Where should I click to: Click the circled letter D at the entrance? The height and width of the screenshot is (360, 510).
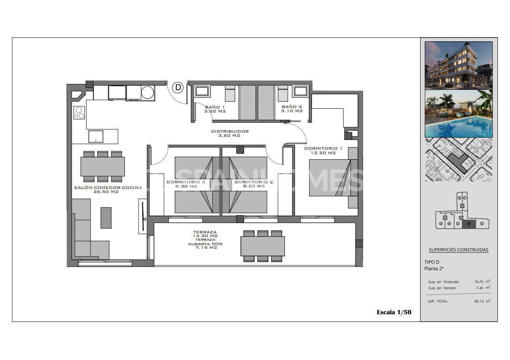(178, 87)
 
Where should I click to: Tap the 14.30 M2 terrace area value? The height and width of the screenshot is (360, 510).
(205, 236)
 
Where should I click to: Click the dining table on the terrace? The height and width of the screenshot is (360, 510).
(263, 246)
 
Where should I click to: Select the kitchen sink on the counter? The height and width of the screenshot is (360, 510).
(96, 136)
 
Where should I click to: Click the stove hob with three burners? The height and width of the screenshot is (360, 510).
(79, 112)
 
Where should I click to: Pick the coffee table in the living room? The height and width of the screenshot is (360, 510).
(106, 218)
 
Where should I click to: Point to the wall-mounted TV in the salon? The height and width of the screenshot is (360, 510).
(143, 216)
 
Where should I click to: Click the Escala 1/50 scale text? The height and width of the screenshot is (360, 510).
(394, 312)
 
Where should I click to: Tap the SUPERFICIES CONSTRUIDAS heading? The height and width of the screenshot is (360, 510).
(458, 250)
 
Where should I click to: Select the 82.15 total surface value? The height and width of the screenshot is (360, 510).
(480, 301)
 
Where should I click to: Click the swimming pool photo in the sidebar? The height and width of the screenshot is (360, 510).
(458, 114)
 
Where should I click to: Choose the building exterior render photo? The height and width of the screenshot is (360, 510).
(458, 65)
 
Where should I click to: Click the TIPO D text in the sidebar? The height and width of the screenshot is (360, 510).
(432, 262)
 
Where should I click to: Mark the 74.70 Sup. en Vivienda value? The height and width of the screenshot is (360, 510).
(480, 282)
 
